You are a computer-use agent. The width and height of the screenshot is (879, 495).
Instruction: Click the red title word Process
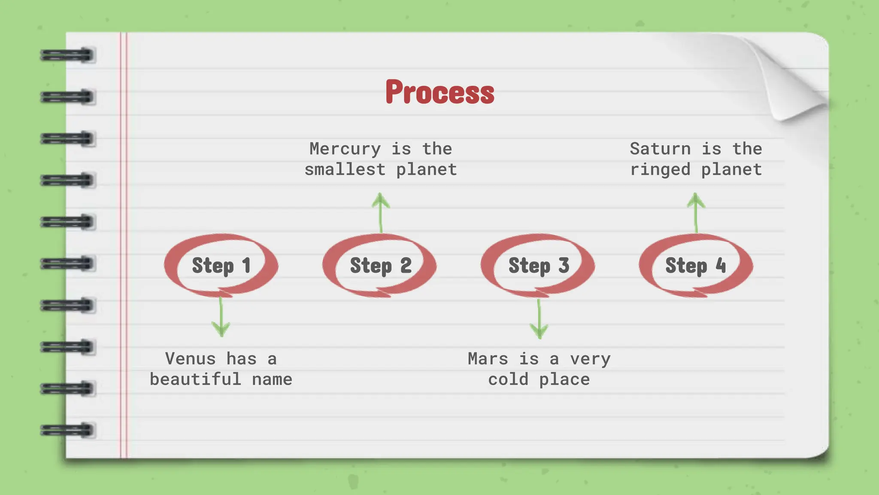pyautogui.click(x=439, y=92)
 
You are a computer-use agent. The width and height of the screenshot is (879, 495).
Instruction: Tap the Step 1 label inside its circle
pyautogui.click(x=221, y=266)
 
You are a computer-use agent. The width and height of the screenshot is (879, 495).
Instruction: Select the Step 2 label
pyautogui.click(x=380, y=266)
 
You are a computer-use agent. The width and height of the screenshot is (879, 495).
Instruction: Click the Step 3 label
pyautogui.click(x=539, y=266)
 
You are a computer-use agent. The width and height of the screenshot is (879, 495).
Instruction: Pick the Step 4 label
pyautogui.click(x=695, y=266)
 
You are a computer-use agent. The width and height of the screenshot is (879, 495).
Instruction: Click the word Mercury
pyautogui.click(x=345, y=149)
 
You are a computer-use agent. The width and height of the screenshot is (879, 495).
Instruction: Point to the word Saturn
pyautogui.click(x=660, y=149)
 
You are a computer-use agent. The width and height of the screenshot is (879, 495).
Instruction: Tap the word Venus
pyautogui.click(x=190, y=359)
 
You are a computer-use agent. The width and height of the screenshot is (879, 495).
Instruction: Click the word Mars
pyautogui.click(x=488, y=359)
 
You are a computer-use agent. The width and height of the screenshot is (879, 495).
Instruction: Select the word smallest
pyautogui.click(x=345, y=170)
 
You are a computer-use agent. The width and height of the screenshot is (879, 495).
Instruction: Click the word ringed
pyautogui.click(x=660, y=170)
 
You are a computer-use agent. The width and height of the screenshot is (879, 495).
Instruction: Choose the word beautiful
pyautogui.click(x=195, y=379)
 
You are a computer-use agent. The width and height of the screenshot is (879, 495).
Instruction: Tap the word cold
pyautogui.click(x=508, y=379)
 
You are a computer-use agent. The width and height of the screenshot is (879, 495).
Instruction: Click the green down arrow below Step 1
pyautogui.click(x=221, y=318)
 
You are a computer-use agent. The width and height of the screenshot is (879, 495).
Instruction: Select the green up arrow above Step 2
pyautogui.click(x=381, y=213)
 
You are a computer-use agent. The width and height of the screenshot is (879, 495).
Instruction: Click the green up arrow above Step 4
pyautogui.click(x=696, y=213)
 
